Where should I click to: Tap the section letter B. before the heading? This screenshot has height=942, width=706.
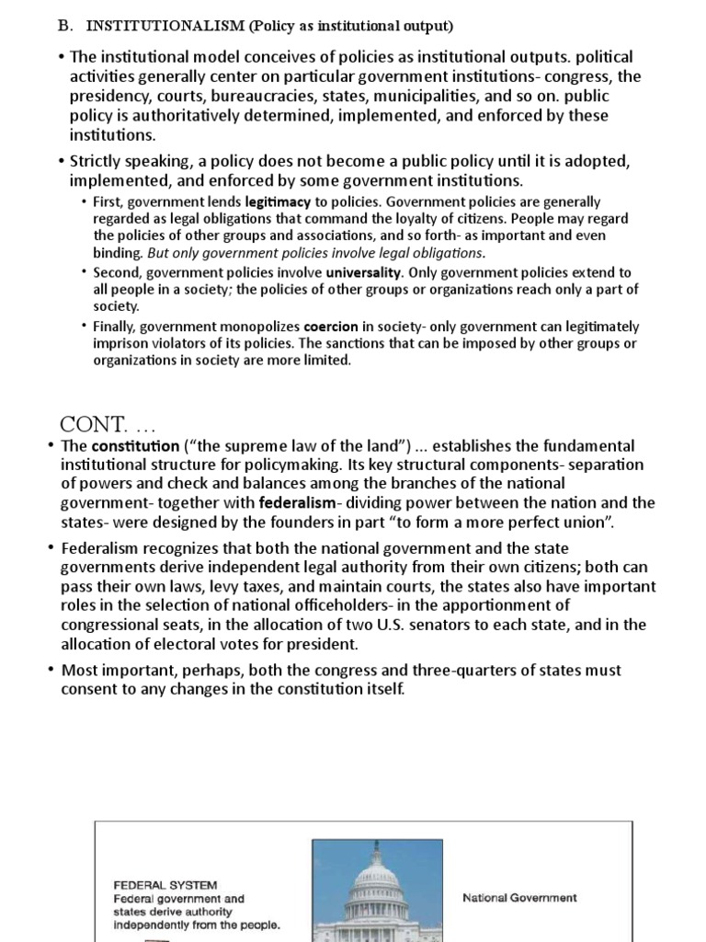(x=65, y=26)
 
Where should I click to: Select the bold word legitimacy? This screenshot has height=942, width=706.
(x=275, y=201)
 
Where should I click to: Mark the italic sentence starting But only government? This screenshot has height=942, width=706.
(x=315, y=253)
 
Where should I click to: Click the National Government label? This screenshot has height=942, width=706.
(x=519, y=898)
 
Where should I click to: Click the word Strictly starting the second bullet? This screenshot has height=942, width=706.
(x=97, y=162)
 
